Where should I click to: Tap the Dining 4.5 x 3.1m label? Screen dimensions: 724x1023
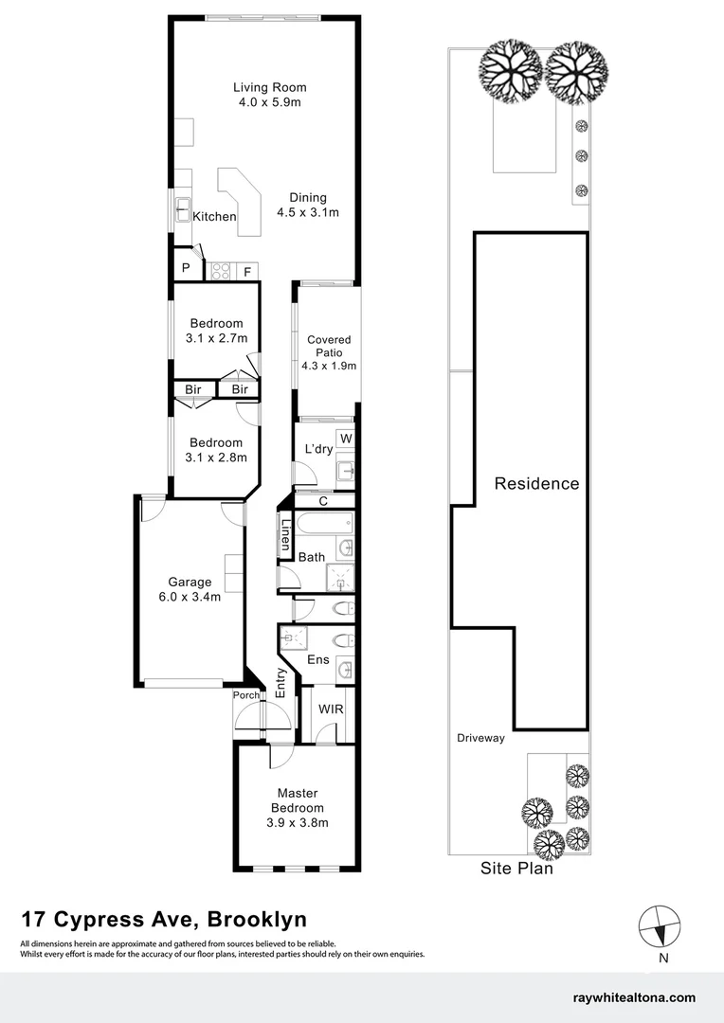coord(307,205)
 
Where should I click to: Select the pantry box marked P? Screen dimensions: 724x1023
coord(186,267)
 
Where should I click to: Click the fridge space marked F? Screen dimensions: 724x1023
coord(247,272)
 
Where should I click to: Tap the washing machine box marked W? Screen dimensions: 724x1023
coord(345,439)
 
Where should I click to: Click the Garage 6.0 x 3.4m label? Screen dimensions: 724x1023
coord(190,589)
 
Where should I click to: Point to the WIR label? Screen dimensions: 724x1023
coord(331,709)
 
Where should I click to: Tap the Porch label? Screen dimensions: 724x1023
coord(246,695)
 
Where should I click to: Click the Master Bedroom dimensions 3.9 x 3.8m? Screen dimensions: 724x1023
coord(297,823)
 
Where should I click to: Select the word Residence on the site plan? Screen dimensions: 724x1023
coord(536,483)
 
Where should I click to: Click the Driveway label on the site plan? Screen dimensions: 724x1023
coord(480,738)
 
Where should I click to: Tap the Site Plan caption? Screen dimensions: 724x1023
coord(516,869)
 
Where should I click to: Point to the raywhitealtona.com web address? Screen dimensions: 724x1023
coord(634,997)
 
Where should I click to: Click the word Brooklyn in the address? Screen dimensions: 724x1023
coord(257,919)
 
